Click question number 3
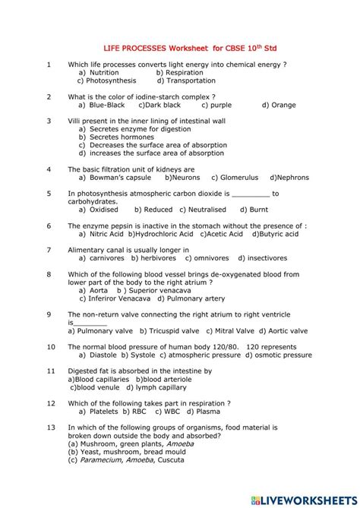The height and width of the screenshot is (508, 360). (49, 120)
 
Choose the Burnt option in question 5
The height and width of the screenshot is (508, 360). (254, 210)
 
